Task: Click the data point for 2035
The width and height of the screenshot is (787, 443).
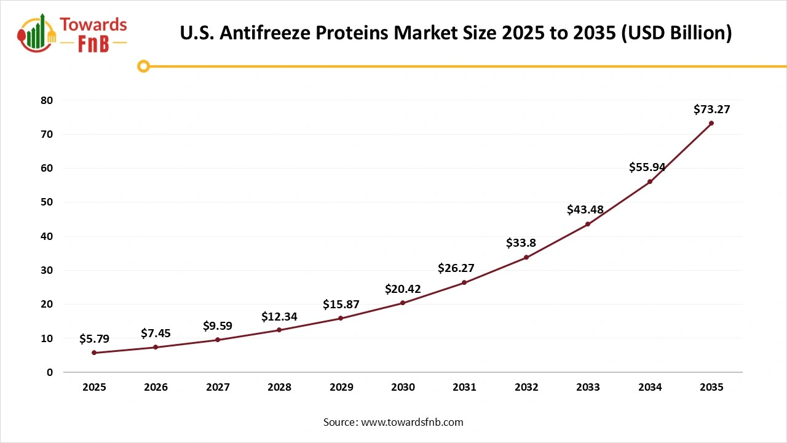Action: (711, 123)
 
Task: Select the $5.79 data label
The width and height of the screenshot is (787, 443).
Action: (94, 339)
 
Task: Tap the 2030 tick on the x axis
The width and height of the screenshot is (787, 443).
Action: (403, 388)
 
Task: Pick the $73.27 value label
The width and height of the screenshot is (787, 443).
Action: (711, 110)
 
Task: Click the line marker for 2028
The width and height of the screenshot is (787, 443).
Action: (279, 330)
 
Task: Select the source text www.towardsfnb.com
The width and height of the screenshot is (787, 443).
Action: (413, 422)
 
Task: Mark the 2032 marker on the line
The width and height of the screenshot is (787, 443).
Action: (526, 257)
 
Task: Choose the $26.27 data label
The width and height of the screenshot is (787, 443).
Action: (456, 268)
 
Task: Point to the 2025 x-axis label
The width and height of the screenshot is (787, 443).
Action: (94, 388)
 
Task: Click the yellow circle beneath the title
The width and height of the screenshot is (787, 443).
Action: (144, 66)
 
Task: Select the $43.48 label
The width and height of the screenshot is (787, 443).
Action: (585, 210)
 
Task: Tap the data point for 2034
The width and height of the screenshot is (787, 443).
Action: (649, 182)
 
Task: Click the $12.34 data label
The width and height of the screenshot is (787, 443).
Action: (279, 317)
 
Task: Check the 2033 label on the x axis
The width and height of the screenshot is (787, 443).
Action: (588, 388)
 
